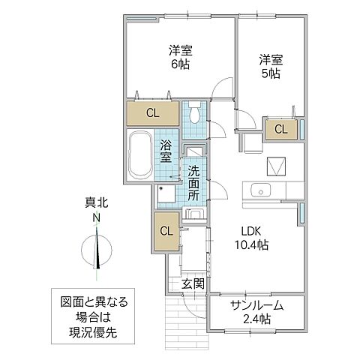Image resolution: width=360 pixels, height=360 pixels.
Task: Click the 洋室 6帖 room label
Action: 179,57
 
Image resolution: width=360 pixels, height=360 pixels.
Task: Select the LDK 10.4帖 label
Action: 250,238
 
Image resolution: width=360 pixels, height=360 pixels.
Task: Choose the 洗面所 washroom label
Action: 193,182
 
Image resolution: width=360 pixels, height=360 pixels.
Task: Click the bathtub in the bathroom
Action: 140,156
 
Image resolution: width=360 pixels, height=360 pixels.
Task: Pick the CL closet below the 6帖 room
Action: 152,114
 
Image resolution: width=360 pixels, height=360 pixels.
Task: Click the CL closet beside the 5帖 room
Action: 280,129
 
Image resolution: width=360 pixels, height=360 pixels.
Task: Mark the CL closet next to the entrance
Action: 167,230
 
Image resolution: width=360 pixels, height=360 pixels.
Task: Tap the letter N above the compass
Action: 96,218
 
